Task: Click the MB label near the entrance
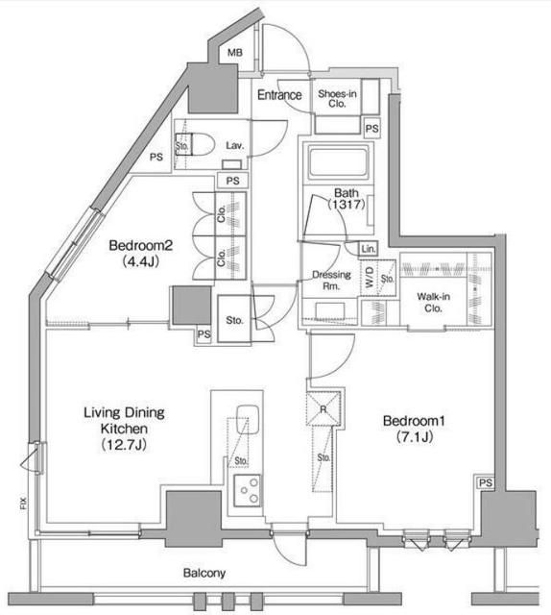235,54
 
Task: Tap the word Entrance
280,95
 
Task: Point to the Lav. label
235,145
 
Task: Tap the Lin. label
369,249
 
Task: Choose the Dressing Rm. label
331,280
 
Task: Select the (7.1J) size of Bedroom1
413,437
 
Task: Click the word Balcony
204,574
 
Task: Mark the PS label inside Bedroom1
485,482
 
